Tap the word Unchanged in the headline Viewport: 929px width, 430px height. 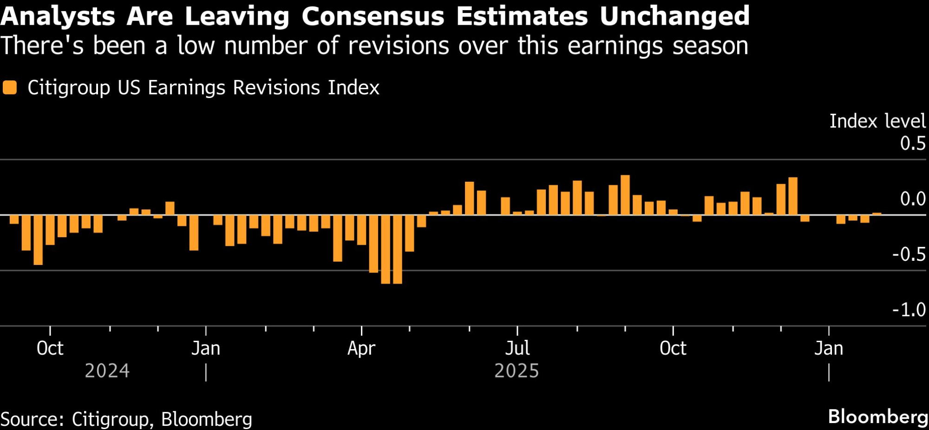(x=674, y=17)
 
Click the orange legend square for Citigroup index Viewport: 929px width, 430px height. (x=10, y=87)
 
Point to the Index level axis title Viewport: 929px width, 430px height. (x=877, y=121)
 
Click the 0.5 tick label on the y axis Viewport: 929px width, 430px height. (x=913, y=144)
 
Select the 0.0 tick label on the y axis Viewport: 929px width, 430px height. (x=913, y=199)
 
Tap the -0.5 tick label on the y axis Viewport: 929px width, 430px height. (x=909, y=255)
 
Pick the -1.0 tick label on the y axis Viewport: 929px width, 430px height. (x=909, y=310)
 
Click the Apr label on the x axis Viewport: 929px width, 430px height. (x=361, y=349)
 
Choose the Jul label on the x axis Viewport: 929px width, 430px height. (x=517, y=349)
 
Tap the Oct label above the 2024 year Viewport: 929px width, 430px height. (x=50, y=349)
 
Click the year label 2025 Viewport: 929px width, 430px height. (x=517, y=371)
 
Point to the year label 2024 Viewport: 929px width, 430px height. (x=107, y=371)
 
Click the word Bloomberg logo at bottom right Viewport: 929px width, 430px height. (x=877, y=417)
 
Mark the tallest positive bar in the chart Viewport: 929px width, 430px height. (x=625, y=195)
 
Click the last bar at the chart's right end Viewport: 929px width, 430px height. (x=877, y=214)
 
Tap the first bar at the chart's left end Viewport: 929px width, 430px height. (x=14, y=219)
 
